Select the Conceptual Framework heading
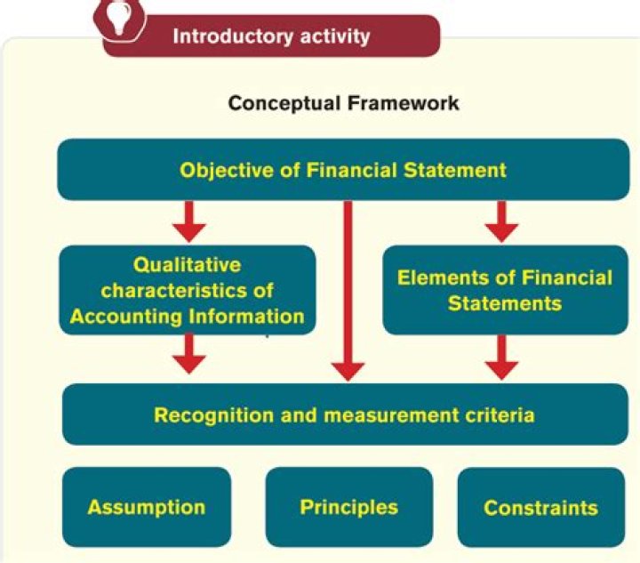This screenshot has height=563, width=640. pos(344,103)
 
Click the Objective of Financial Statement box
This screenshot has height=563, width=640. pos(343,169)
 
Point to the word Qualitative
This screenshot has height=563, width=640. pos(187,264)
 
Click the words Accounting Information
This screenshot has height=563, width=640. pos(187,316)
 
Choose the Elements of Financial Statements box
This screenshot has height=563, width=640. pos(504,290)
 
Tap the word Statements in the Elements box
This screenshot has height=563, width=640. pos(504,303)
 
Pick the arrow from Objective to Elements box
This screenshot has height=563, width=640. pos(502,221)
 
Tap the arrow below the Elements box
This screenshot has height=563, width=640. pos(502,356)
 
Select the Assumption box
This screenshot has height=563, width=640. pos(147,507)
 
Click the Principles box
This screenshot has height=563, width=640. pos(348,507)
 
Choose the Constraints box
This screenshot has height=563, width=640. pos(540,508)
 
